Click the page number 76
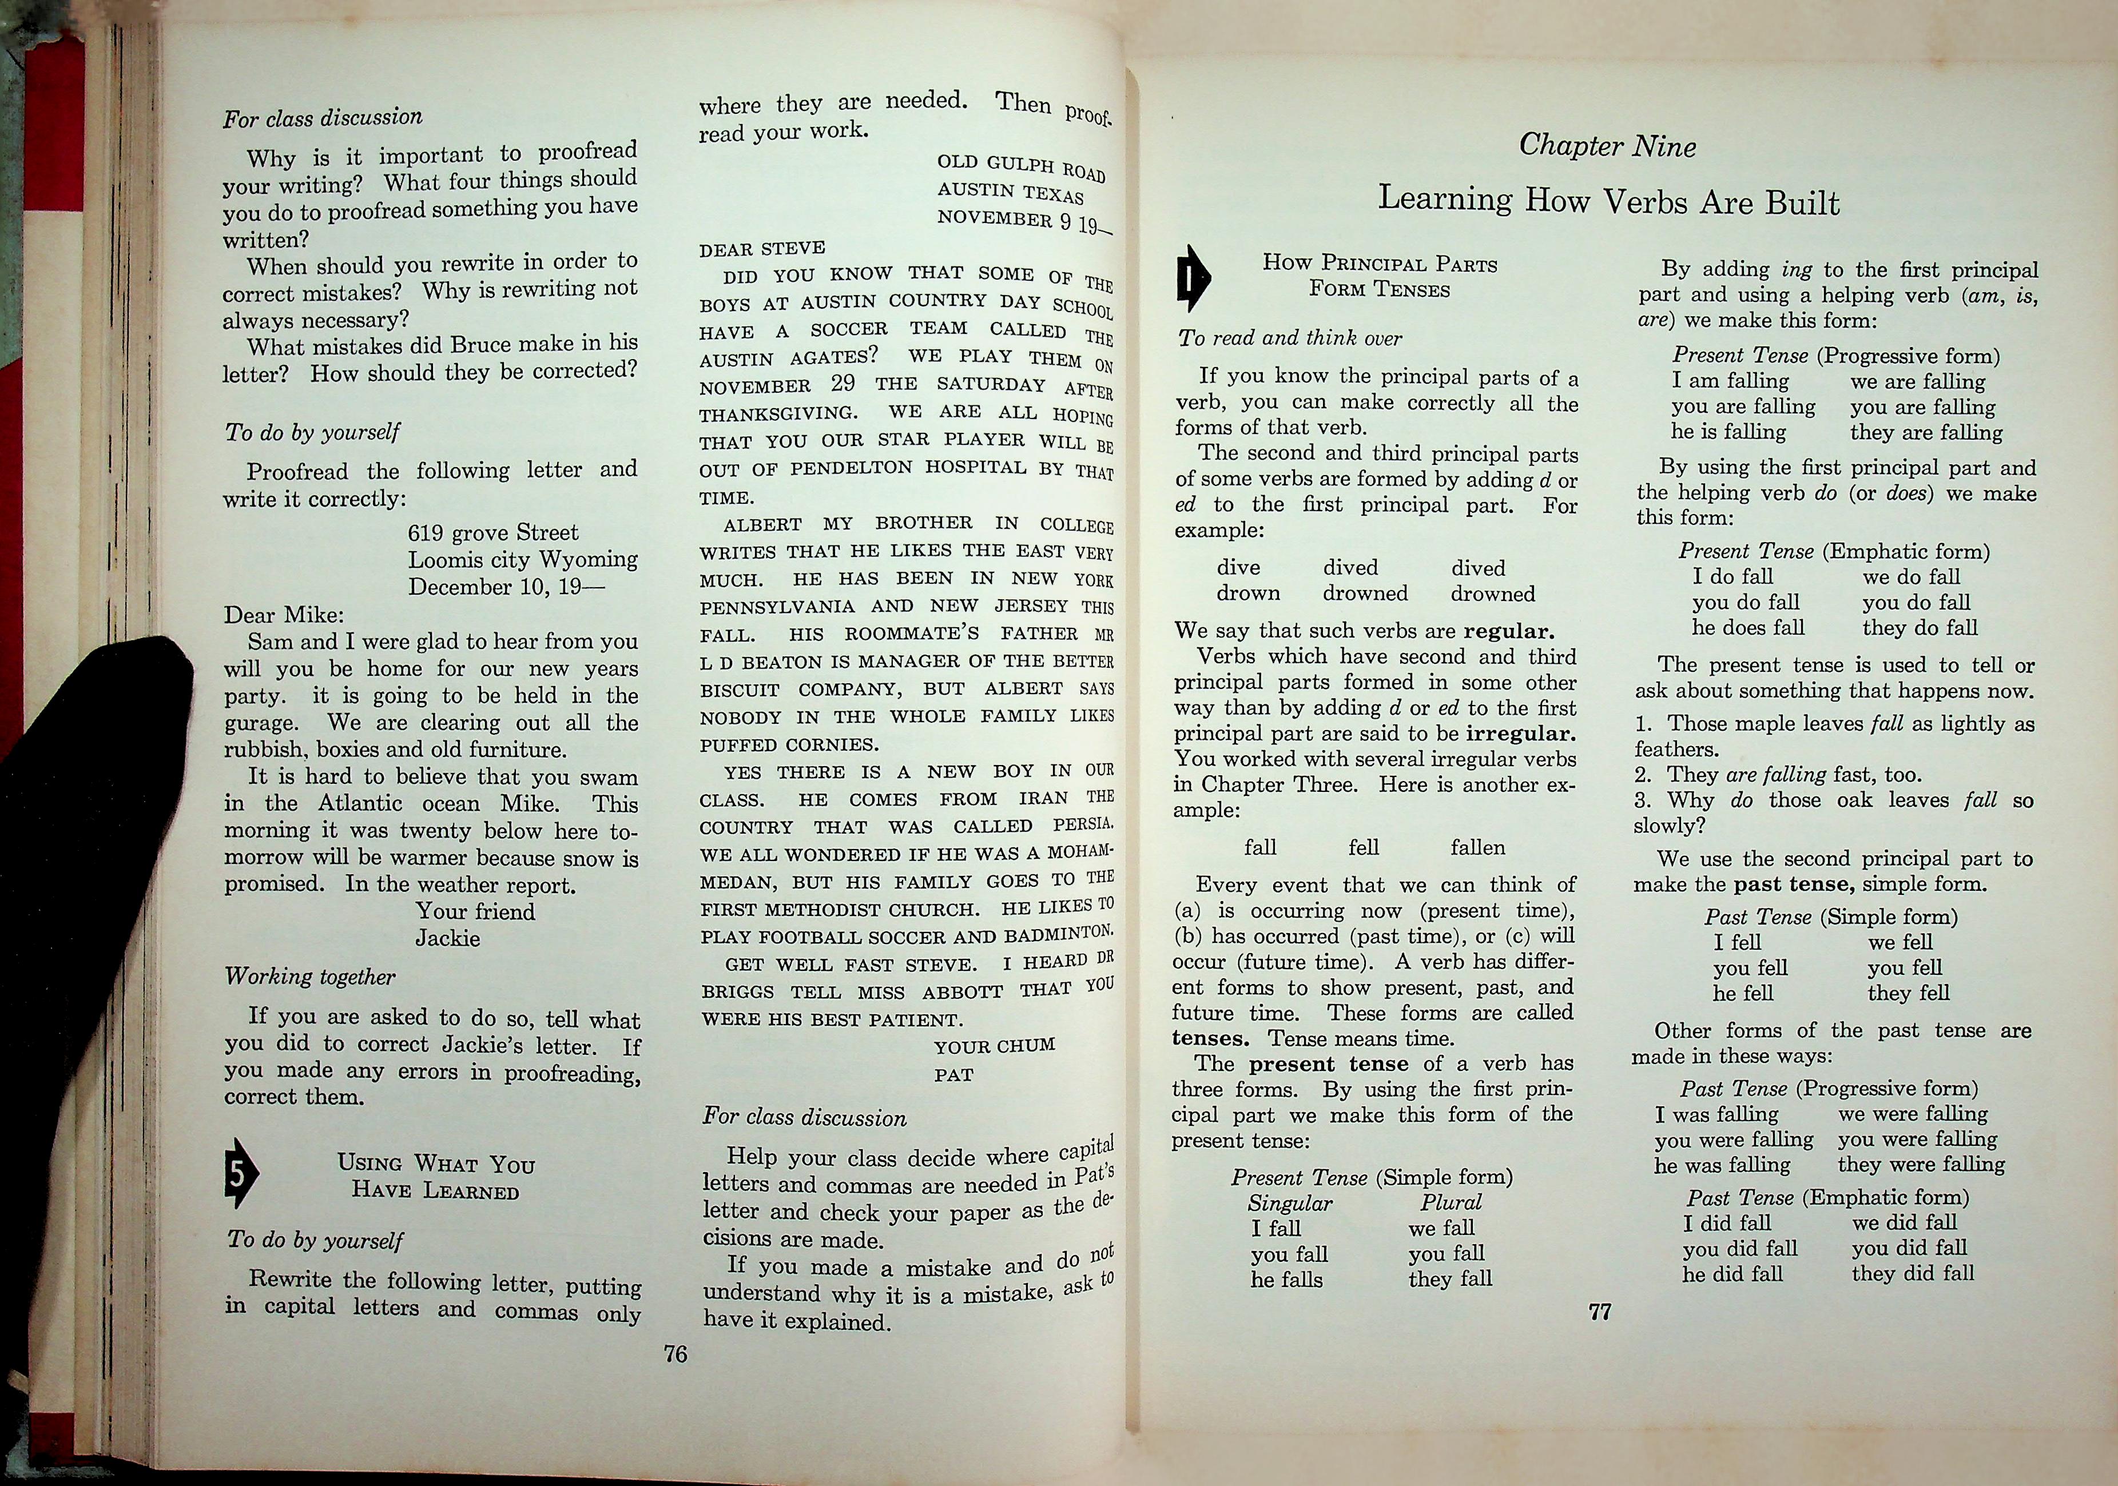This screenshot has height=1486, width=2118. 675,1353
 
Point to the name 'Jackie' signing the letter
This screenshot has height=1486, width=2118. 447,938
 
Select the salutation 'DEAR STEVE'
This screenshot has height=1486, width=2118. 762,248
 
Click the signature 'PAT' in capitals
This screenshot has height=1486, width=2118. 954,1074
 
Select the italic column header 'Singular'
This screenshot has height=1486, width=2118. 1290,1203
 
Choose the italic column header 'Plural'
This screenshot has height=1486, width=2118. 1450,1202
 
